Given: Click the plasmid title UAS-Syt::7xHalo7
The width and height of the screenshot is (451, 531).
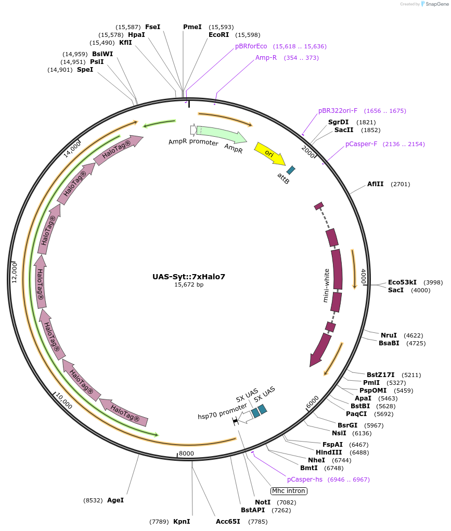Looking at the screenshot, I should click(x=189, y=277).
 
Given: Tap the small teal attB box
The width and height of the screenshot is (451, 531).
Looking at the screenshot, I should click(x=291, y=170).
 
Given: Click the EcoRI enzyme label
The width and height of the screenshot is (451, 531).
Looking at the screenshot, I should click(x=219, y=35).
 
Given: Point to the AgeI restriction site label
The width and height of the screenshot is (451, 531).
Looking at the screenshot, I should click(x=115, y=500).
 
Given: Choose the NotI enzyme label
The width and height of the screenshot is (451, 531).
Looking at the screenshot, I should click(x=263, y=502).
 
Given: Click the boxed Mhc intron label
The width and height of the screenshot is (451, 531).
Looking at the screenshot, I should click(x=289, y=491).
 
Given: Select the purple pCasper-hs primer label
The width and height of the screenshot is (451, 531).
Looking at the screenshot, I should click(x=305, y=479).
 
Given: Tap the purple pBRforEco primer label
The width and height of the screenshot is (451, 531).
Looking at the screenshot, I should click(x=251, y=46).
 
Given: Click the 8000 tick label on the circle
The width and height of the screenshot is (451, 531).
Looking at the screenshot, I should click(x=186, y=454).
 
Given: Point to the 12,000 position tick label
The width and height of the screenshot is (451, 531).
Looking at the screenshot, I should click(x=15, y=272).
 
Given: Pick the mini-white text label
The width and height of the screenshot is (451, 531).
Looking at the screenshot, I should click(x=326, y=285).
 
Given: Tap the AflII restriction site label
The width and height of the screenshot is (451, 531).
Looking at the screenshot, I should click(x=375, y=184).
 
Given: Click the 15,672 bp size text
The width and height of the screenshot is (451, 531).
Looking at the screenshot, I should click(x=189, y=284).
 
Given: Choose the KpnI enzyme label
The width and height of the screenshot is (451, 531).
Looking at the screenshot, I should click(x=182, y=521).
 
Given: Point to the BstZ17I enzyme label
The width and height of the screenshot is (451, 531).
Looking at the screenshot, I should click(x=380, y=374).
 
